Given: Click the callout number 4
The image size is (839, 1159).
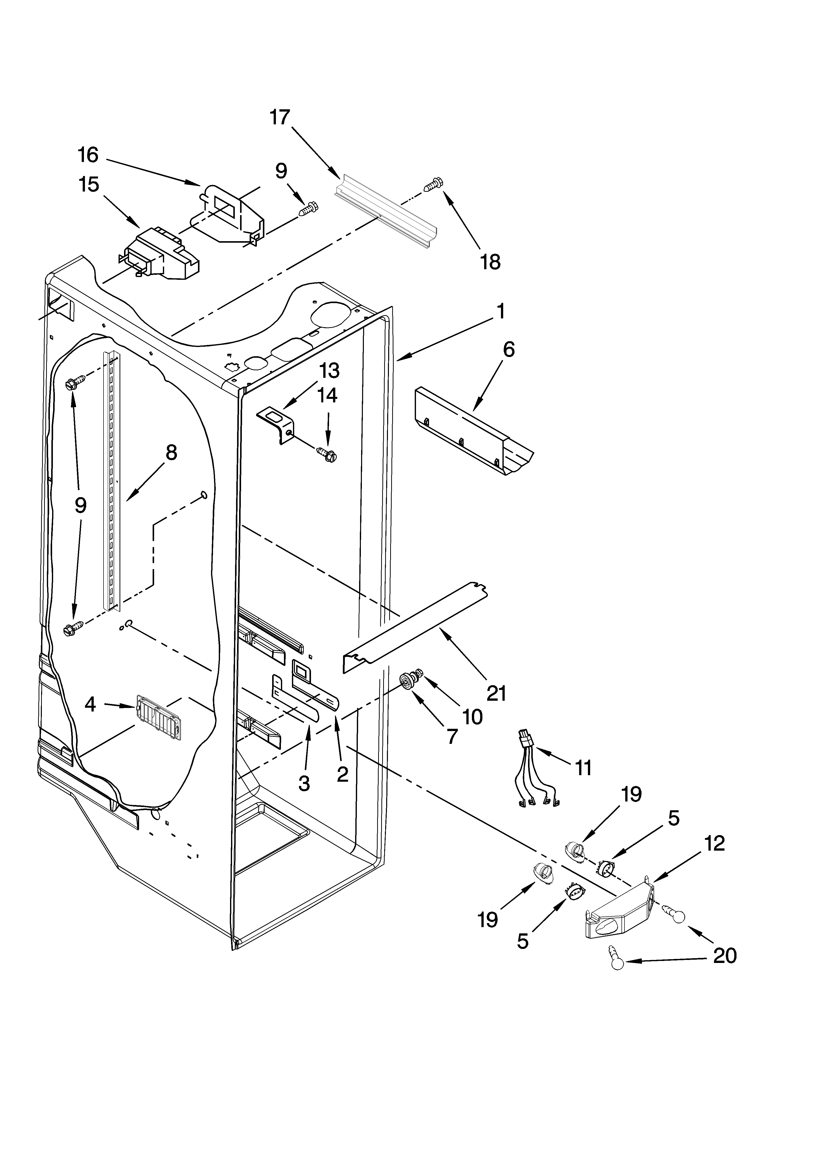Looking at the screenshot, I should click(90, 705).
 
